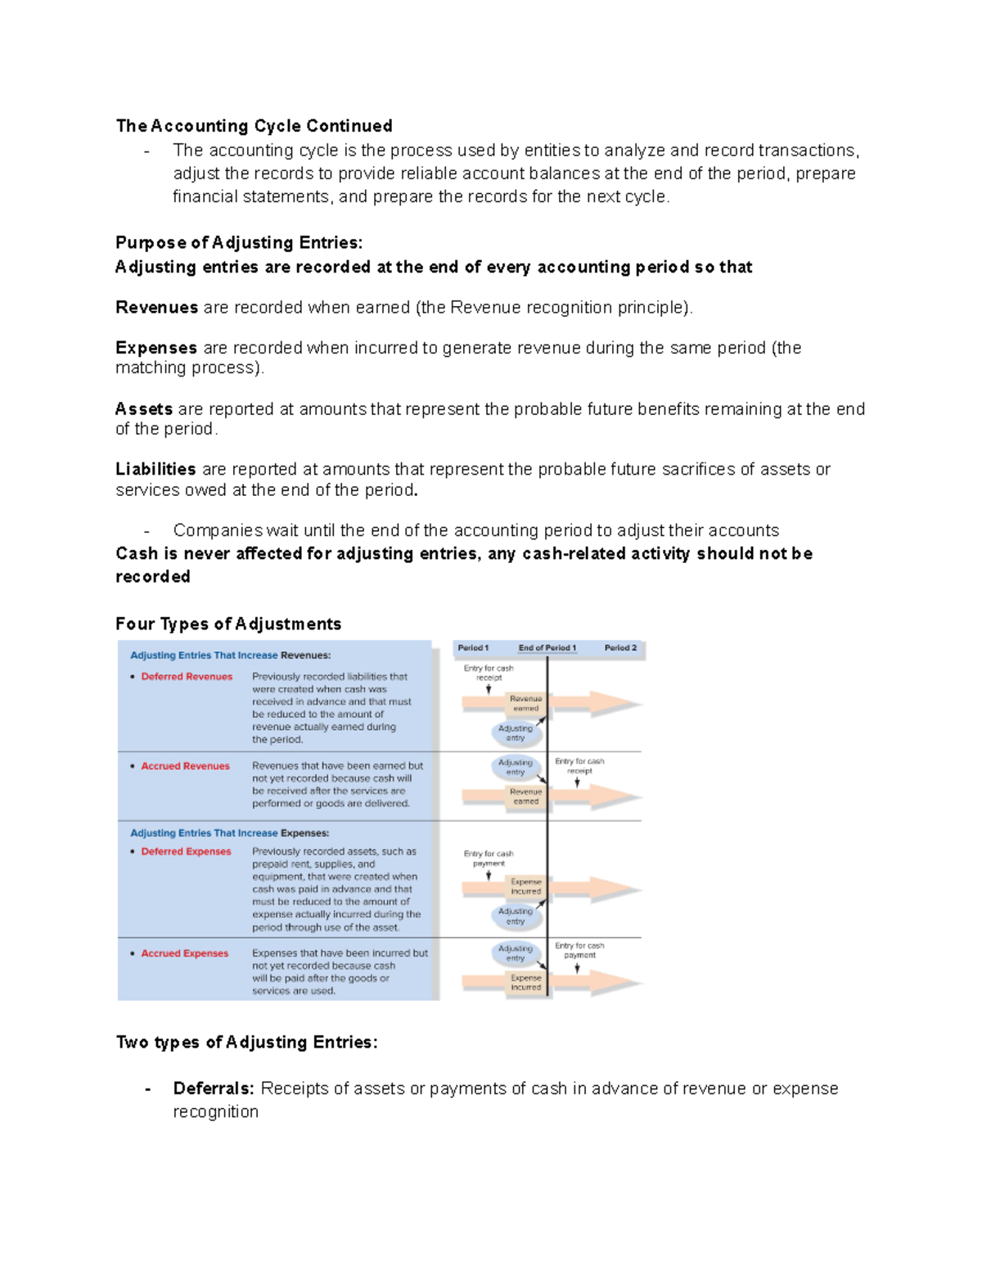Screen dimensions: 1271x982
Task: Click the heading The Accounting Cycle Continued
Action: click(254, 126)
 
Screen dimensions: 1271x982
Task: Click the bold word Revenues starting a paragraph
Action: click(156, 308)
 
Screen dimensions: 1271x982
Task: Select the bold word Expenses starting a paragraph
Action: click(156, 348)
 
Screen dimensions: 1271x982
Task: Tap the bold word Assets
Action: click(144, 408)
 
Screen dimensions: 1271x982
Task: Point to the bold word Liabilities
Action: click(155, 469)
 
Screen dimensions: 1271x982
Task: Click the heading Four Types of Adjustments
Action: click(228, 624)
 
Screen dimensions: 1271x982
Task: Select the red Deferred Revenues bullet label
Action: click(187, 677)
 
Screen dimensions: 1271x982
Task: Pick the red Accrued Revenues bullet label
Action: click(185, 766)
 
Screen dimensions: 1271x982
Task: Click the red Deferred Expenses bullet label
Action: click(186, 851)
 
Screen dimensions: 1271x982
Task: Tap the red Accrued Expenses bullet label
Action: click(184, 953)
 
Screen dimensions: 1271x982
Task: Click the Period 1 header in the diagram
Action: click(473, 648)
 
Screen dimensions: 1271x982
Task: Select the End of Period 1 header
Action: click(547, 648)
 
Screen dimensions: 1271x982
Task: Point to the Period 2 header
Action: click(620, 648)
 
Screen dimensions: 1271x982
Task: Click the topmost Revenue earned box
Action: click(525, 703)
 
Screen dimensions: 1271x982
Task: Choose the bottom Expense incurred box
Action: click(525, 982)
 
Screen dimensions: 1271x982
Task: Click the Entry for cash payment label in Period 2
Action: click(579, 950)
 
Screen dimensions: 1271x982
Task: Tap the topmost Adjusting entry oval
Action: click(515, 733)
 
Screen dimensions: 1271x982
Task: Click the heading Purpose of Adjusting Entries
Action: click(238, 243)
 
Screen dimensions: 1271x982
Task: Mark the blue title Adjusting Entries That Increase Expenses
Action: click(230, 833)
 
